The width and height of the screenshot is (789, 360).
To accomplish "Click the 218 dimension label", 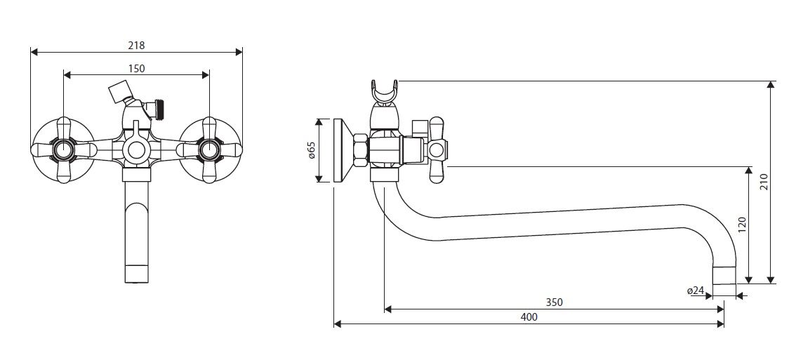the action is (136, 45).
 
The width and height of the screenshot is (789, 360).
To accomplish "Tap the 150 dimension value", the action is (136, 68).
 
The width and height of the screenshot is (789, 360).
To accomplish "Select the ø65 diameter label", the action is (311, 150).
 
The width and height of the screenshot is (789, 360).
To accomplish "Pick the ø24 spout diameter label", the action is (695, 290).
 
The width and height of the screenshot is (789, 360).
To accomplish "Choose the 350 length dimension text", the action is (554, 302).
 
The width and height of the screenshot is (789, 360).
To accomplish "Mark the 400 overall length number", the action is (529, 316).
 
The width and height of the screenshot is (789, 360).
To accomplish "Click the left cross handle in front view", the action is (64, 150).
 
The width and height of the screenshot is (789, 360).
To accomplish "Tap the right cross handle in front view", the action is (208, 150).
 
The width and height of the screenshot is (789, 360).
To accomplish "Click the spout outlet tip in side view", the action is (724, 276).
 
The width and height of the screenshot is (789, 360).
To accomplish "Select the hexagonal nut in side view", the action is (361, 150).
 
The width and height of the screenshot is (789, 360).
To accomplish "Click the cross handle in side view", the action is (437, 150).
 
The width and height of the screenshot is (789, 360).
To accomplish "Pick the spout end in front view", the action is (136, 273).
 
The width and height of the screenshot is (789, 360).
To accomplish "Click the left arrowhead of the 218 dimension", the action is (34, 51).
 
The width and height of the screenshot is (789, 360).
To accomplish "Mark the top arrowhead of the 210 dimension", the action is (770, 84).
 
